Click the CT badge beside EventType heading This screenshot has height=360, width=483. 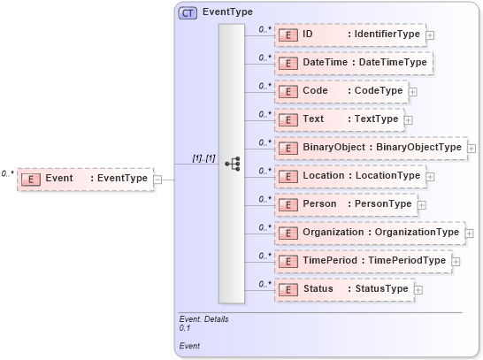[188, 12]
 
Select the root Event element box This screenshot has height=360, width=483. [85, 179]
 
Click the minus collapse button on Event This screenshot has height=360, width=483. [157, 179]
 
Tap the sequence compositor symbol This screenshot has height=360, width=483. [232, 164]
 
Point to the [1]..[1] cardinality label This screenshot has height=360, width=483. [203, 157]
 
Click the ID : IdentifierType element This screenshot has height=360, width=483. [349, 34]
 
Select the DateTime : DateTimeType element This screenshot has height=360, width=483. [353, 63]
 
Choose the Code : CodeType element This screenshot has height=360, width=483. [340, 91]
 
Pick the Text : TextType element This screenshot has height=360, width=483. [338, 119]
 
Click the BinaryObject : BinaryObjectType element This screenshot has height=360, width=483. [370, 148]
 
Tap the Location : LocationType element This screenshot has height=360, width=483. [349, 176]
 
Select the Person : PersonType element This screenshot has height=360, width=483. [344, 204]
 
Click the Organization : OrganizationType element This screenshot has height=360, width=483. [368, 233]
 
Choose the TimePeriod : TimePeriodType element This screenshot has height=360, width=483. [362, 261]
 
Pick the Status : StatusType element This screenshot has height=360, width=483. [342, 289]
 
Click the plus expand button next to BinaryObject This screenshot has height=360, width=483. [472, 149]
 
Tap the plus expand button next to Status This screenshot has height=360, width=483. [418, 290]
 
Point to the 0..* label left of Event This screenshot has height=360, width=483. [7, 174]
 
